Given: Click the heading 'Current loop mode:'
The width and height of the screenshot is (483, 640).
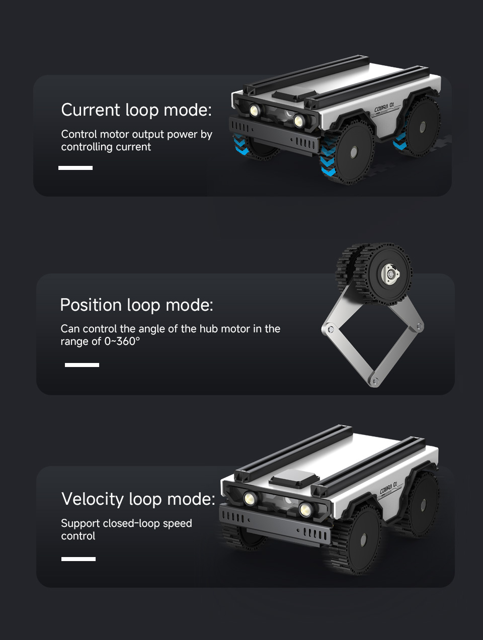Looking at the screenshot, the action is (136, 110).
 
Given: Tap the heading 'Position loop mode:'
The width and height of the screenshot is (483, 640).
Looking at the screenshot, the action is (136, 305).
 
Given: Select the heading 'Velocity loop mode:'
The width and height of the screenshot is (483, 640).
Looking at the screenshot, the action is (138, 499).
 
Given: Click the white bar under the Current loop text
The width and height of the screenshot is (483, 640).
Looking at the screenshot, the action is (75, 167).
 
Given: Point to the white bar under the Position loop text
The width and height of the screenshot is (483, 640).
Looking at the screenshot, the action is (82, 365).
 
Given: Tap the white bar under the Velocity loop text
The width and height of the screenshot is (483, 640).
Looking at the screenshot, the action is (78, 559).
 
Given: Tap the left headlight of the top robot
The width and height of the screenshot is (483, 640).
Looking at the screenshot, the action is (255, 110).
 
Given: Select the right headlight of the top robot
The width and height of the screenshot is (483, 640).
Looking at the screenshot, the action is (298, 121).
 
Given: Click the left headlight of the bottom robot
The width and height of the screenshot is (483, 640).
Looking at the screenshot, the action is (250, 498).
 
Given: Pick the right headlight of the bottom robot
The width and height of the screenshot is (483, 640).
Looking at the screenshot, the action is (305, 510).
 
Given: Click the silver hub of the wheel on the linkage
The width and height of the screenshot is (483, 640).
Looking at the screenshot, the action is (390, 274).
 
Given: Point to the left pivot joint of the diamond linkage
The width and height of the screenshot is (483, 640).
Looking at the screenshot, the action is (330, 329).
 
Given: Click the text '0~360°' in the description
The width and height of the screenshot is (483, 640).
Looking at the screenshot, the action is (122, 341).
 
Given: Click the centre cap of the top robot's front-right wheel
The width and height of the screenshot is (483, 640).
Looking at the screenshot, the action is (354, 152).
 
